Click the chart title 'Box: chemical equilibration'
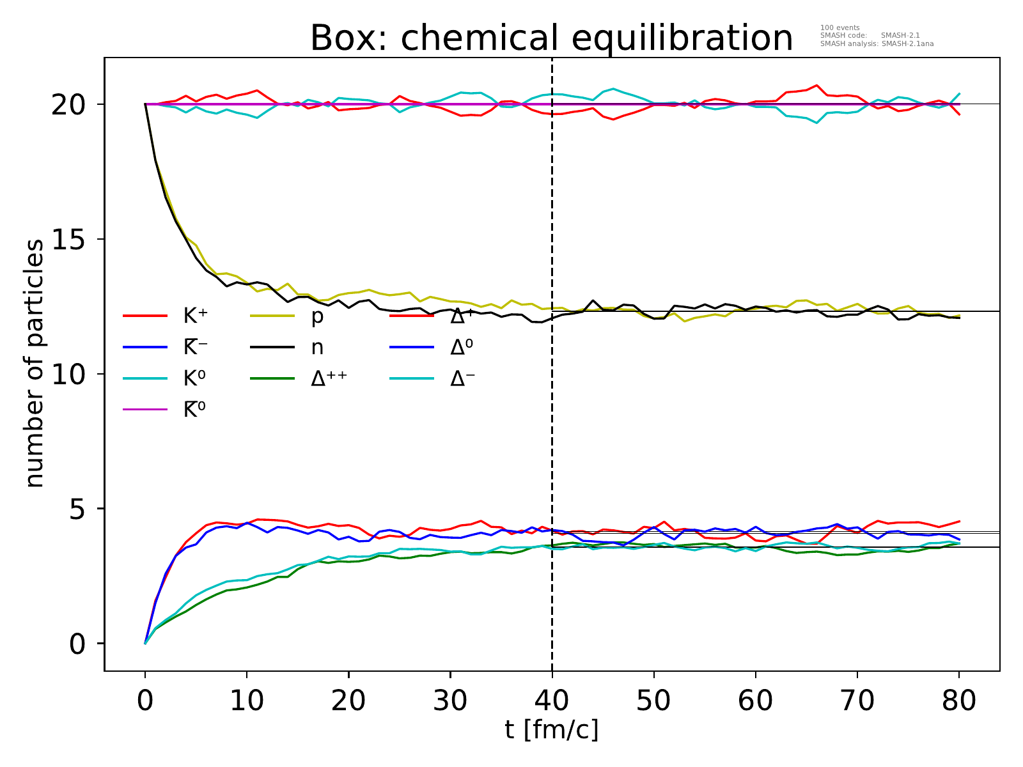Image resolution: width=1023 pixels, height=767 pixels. tap(551, 38)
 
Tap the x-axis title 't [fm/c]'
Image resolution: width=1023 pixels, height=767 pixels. tap(551, 729)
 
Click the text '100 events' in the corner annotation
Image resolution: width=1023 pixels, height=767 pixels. tap(839, 28)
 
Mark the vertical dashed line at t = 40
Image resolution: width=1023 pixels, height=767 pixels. tap(552, 447)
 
